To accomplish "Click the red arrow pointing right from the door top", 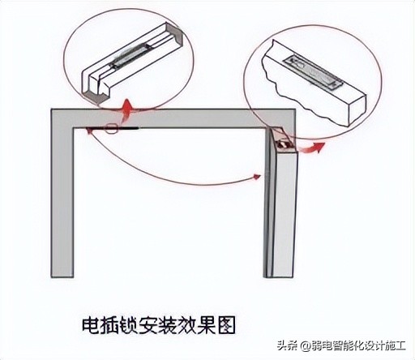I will [x=313, y=147].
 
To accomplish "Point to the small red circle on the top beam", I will [x=112, y=127].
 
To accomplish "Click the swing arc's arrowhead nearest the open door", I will [x=258, y=174].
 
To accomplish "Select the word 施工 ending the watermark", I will [x=394, y=347].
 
